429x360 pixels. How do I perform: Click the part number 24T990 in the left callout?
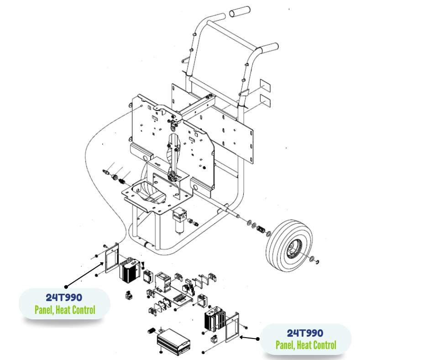(64, 298)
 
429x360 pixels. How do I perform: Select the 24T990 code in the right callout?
(305, 333)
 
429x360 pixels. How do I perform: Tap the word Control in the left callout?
(83, 310)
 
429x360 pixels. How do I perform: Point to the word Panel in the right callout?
(284, 345)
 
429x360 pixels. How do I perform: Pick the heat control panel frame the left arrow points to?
(110, 258)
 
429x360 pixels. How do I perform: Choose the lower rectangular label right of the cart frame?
(265, 101)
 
